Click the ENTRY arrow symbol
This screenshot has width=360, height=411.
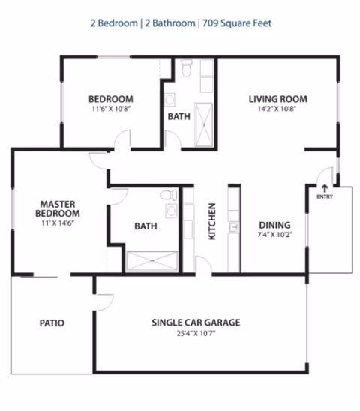point(324,187)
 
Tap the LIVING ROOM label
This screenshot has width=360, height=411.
point(278,99)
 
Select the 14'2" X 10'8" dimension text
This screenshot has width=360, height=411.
point(278,109)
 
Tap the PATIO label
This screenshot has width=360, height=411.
point(52,323)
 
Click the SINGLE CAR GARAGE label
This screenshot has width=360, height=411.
point(196,322)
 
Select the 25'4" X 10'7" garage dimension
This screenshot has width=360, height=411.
point(196,333)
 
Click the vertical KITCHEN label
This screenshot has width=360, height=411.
point(212,221)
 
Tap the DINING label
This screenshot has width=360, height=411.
point(274,225)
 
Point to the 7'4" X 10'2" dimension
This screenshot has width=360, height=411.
point(274,235)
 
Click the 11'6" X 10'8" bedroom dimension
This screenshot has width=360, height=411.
point(111,109)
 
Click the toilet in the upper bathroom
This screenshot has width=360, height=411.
point(186,70)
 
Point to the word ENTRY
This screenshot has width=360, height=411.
point(324,197)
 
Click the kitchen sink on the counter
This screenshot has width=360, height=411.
point(234,226)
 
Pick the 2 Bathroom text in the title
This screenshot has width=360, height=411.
point(168,23)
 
